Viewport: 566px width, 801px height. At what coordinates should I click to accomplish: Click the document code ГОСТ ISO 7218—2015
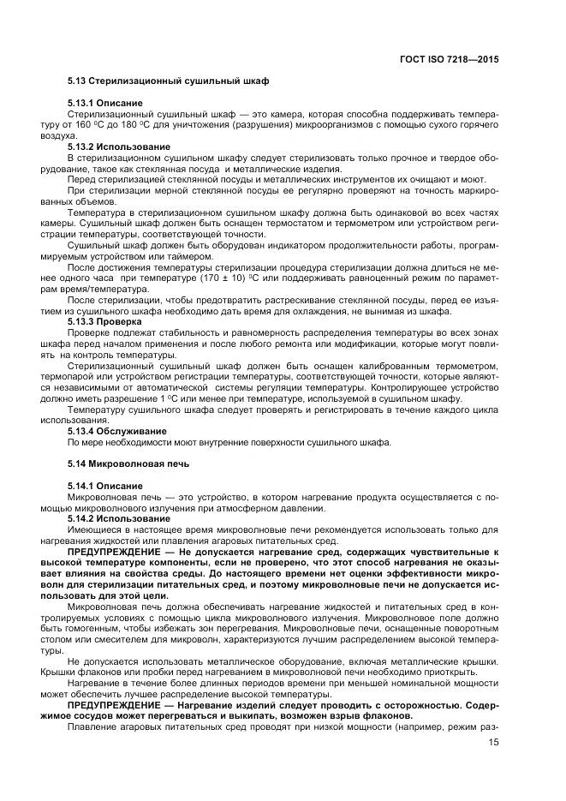tap(450, 61)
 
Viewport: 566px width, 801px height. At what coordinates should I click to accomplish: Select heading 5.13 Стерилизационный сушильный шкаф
tap(168, 81)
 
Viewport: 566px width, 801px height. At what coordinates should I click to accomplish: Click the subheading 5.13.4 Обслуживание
tap(117, 431)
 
